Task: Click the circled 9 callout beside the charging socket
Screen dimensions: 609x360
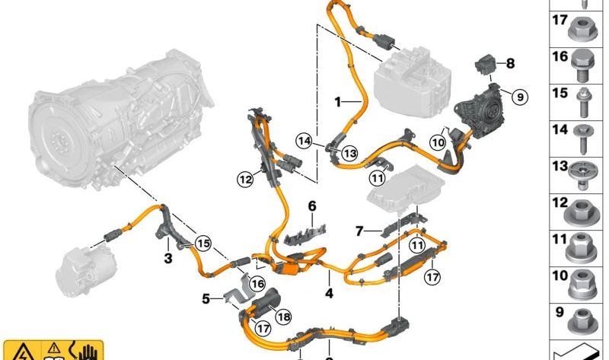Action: click(520, 97)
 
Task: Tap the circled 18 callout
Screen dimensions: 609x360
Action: click(283, 317)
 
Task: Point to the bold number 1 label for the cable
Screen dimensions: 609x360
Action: click(337, 102)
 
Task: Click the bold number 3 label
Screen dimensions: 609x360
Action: click(167, 258)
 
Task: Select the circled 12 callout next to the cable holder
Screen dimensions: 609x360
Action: click(245, 180)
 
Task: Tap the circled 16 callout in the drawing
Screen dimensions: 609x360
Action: click(257, 284)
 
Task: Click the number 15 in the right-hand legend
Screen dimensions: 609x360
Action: click(560, 93)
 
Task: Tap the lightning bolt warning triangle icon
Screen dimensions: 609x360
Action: click(21, 352)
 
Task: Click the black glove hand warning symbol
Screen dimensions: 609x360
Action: click(86, 352)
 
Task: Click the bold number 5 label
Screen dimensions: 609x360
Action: click(206, 298)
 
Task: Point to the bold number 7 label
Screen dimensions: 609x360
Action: click(359, 231)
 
